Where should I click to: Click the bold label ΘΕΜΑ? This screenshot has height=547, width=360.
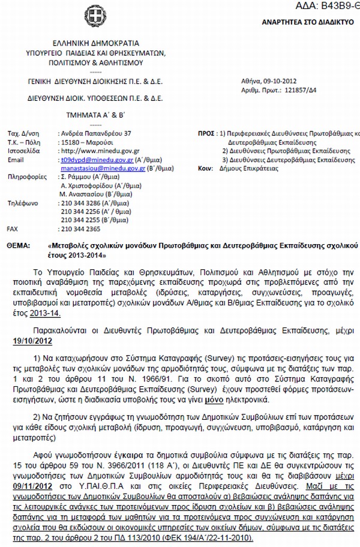point(19,246)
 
